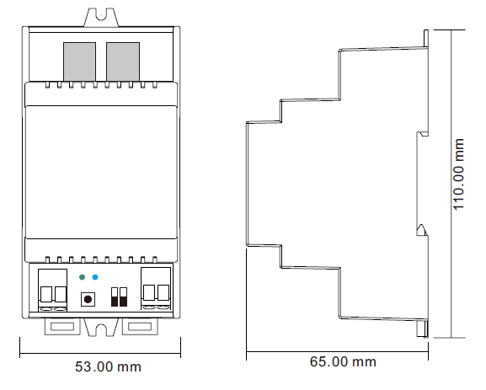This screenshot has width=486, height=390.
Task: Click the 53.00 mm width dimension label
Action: tap(108, 366)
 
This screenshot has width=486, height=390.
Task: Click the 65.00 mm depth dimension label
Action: tap(343, 361)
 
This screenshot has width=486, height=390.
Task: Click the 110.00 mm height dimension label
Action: tap(458, 174)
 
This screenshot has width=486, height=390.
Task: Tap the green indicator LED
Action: tap(83, 277)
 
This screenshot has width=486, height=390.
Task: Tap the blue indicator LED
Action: tap(95, 277)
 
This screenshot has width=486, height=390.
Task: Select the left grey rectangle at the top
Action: tap(79, 61)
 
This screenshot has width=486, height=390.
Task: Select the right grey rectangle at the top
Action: tap(123, 61)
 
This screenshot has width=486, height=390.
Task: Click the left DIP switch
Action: tap(115, 297)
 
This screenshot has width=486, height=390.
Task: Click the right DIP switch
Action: tap(123, 297)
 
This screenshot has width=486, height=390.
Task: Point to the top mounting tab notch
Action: tap(101, 14)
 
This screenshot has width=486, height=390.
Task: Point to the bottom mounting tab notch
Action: tap(101, 329)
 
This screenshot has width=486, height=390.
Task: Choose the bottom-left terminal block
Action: tap(53, 290)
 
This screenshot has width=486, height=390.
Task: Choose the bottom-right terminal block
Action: tap(156, 289)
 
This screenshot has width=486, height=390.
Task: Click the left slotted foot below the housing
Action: tap(62, 327)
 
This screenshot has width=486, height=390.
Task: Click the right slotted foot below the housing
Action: tap(140, 327)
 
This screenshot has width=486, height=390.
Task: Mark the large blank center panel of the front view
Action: tap(101, 172)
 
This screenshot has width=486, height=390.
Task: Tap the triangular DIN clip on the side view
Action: tap(422, 230)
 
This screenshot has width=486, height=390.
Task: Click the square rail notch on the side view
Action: tap(423, 134)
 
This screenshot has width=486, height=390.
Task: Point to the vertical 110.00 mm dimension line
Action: tap(451, 184)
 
